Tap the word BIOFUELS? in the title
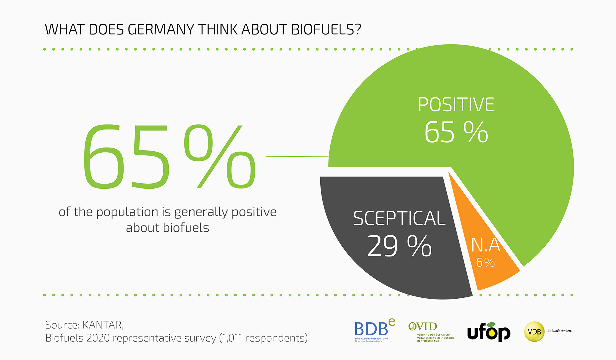[x=326, y=30]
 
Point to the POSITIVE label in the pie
[x=456, y=105]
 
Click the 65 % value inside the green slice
[x=456, y=132]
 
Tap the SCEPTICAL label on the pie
[x=399, y=219]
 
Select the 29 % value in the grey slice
[x=399, y=246]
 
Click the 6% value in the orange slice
[x=485, y=263]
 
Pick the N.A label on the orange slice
[x=485, y=245]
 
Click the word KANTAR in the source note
[x=103, y=325]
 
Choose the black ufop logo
[x=489, y=332]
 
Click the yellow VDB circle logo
[x=534, y=332]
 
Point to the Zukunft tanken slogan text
[x=559, y=331]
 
